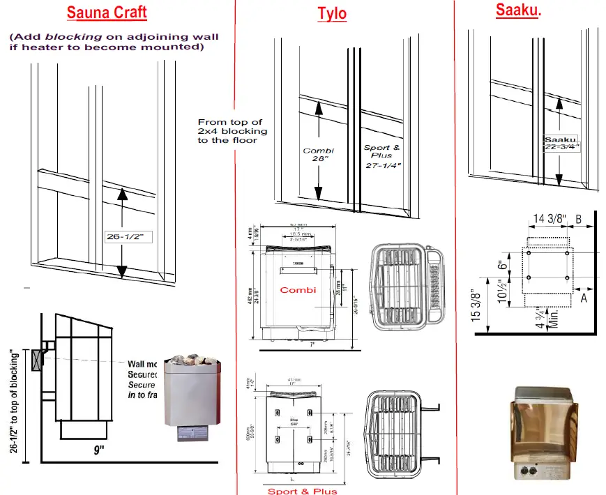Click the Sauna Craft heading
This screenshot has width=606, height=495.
pyautogui.click(x=107, y=13)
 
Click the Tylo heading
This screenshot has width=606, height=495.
pyautogui.click(x=332, y=13)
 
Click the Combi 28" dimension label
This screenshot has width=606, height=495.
pyautogui.click(x=319, y=154)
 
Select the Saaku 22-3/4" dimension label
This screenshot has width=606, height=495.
pyautogui.click(x=562, y=142)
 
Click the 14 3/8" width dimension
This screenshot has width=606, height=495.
pyautogui.click(x=550, y=218)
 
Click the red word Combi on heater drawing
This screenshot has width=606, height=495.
pyautogui.click(x=298, y=289)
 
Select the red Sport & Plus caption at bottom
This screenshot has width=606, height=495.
pyautogui.click(x=302, y=491)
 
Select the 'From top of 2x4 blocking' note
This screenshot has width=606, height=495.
pyautogui.click(x=232, y=131)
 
